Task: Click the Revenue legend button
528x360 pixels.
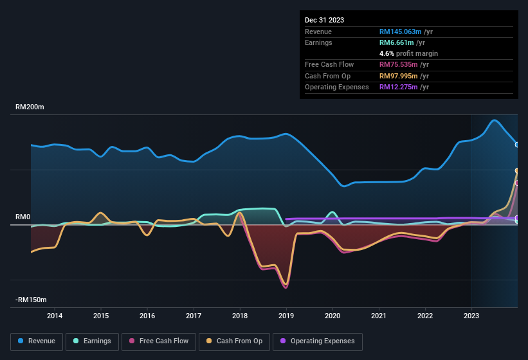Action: pos(37,341)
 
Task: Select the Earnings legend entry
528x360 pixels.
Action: pos(92,341)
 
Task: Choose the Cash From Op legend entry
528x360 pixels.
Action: pos(234,341)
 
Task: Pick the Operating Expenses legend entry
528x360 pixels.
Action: pos(317,341)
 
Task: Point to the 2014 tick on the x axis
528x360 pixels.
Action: pos(55,316)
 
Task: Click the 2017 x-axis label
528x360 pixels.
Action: pos(194,316)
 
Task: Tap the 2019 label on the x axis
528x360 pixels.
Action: pos(286,316)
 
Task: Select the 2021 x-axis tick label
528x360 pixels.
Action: pos(379,316)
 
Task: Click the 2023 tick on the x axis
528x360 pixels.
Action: pos(471,316)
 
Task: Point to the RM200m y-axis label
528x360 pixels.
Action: pos(30,107)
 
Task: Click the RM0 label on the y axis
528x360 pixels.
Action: pos(23,217)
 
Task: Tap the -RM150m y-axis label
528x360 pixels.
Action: pos(32,300)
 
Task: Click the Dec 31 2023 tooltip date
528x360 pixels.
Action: pos(324,20)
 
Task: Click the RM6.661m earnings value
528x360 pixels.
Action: pos(397,42)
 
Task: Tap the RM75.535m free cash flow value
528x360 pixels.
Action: pos(399,65)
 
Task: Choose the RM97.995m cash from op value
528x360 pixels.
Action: pos(399,76)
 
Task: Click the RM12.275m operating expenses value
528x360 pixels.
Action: pos(399,87)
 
